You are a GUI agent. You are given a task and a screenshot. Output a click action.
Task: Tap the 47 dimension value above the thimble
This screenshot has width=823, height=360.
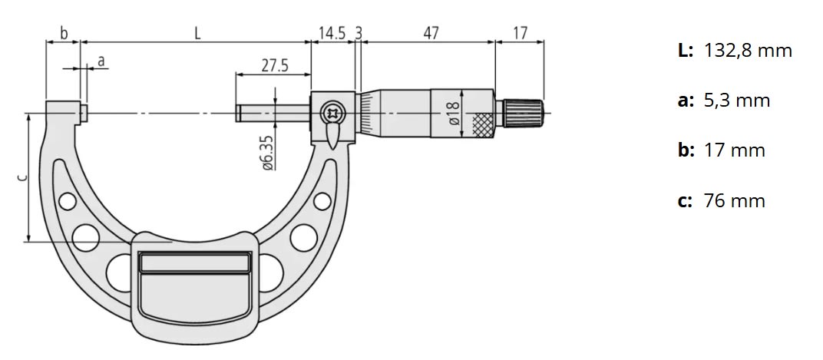(x=431, y=33)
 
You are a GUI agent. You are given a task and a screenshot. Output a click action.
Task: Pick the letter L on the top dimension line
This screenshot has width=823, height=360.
(x=197, y=33)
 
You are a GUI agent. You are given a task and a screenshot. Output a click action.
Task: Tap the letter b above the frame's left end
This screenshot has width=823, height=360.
(x=64, y=33)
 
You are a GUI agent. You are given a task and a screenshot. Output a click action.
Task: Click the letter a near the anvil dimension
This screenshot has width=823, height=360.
(x=101, y=60)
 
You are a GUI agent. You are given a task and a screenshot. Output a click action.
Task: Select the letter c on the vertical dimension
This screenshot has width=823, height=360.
(x=21, y=178)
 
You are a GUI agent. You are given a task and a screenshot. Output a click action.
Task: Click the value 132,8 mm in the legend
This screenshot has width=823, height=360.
(x=747, y=51)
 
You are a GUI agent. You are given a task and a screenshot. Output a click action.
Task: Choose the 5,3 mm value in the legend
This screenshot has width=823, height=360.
(x=736, y=101)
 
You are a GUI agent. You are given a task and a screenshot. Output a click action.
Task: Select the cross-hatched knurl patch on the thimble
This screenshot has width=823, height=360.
(x=481, y=124)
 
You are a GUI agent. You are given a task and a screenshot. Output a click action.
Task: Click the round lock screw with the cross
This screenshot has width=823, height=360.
(x=334, y=113)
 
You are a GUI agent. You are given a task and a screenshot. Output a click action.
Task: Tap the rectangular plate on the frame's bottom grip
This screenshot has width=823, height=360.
(x=194, y=263)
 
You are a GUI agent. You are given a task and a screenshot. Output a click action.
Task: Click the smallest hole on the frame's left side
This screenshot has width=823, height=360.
(x=68, y=202)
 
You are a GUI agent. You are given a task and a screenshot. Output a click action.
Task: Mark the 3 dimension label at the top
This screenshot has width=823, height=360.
(x=359, y=33)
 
